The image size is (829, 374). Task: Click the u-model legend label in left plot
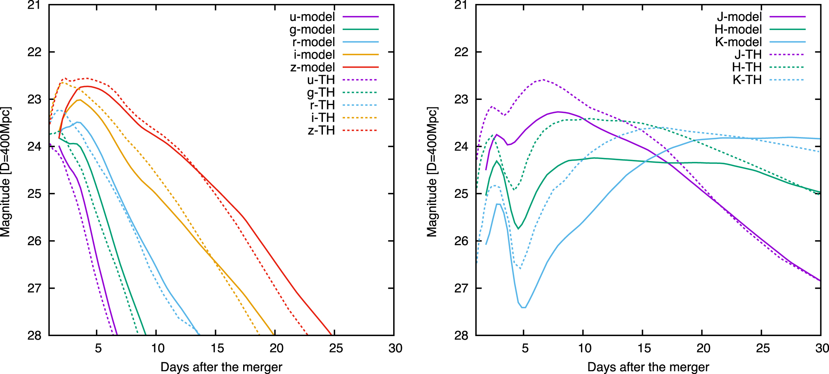312,17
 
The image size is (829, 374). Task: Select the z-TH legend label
321,130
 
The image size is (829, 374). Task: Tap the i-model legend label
314,55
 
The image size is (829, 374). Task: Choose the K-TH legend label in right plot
747,80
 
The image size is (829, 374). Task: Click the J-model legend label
739,17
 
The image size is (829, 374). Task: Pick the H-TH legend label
746,67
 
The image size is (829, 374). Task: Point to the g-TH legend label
321,92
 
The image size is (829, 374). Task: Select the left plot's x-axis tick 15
217,348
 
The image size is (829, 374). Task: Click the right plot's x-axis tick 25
763,348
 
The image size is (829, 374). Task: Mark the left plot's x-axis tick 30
395,348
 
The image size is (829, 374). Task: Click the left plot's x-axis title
221,367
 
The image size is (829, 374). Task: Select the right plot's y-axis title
432,172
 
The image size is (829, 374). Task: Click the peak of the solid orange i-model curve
79,100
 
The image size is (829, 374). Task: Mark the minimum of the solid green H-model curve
518,229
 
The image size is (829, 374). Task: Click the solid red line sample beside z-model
360,68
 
